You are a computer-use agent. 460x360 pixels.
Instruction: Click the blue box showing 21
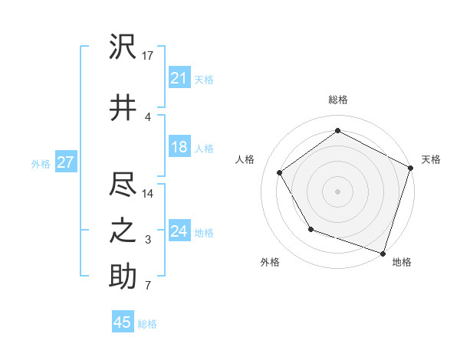[x=179, y=78]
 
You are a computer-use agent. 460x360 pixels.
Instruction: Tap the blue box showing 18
[x=179, y=147]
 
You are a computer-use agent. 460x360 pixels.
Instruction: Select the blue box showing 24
[x=179, y=231]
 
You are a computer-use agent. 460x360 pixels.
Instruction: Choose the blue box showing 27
[x=65, y=162]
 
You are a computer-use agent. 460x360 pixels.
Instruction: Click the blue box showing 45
[x=123, y=322]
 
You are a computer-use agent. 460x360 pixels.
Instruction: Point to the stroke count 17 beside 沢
[x=148, y=56]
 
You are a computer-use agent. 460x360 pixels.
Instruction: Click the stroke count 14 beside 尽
[x=148, y=193]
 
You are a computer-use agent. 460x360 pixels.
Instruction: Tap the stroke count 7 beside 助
[x=148, y=286]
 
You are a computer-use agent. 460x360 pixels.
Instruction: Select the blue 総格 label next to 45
[x=147, y=324]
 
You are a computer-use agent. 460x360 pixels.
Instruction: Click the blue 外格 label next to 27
[x=41, y=163]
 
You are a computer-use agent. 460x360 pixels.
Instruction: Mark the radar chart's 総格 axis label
[x=337, y=100]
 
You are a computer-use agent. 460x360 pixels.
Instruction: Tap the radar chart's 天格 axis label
[x=431, y=159]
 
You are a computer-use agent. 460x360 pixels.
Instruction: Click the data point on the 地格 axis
[x=383, y=253]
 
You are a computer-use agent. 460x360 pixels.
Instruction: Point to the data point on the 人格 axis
[x=279, y=172]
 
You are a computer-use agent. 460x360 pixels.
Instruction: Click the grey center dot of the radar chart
[x=337, y=191]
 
